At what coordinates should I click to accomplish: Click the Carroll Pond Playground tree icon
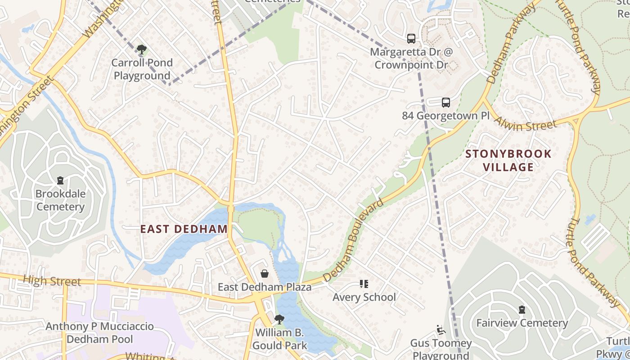142,49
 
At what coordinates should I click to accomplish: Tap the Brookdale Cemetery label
60,200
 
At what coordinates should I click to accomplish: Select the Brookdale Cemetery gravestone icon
60,180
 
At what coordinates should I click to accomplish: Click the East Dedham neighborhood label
184,229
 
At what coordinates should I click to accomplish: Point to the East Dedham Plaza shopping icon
265,274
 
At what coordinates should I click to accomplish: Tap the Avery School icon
364,284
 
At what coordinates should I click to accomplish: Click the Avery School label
364,297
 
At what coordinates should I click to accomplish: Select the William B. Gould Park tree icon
279,319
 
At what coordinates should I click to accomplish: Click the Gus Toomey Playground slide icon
441,330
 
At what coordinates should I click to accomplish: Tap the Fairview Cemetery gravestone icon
522,310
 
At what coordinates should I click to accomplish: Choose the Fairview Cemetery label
522,323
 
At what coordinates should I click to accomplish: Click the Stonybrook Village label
508,161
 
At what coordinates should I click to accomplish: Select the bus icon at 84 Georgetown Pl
445,103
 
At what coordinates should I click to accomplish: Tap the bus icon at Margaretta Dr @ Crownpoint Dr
411,39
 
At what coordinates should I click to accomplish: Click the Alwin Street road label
525,123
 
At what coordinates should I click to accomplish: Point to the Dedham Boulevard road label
353,241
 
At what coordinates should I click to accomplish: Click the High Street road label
52,281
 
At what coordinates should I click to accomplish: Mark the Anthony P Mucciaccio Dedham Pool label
99,333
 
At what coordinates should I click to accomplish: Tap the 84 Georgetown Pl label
445,116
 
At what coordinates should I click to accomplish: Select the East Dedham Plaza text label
265,287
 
